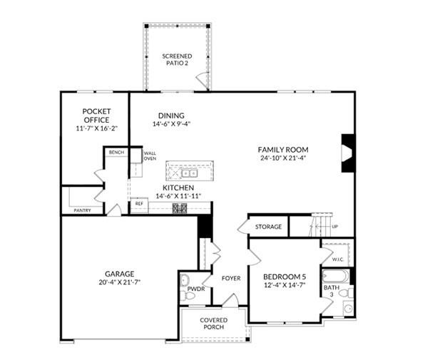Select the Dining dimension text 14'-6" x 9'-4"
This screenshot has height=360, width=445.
point(171,124)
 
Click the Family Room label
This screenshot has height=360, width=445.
point(283,150)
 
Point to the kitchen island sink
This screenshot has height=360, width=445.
point(189,173)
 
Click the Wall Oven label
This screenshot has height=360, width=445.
point(150,155)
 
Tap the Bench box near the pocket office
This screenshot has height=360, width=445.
point(115,153)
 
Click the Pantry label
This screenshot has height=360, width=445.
point(82,210)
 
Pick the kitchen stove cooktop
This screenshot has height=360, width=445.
point(180,207)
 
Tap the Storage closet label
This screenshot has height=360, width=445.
point(269,227)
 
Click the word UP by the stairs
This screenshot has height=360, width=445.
point(334,227)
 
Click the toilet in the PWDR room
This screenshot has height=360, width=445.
point(189,294)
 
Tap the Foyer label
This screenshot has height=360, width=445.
point(231,278)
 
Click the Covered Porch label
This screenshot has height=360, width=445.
point(213,324)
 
